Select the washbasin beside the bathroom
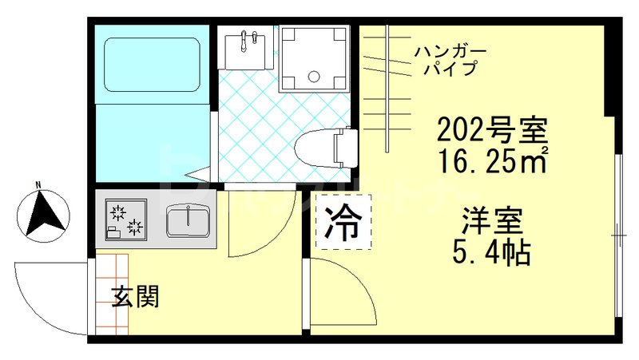[x=244, y=49]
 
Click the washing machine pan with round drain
[x=314, y=58]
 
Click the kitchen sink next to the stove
[x=189, y=219]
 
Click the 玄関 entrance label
[x=136, y=297]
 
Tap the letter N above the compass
[x=38, y=188]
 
